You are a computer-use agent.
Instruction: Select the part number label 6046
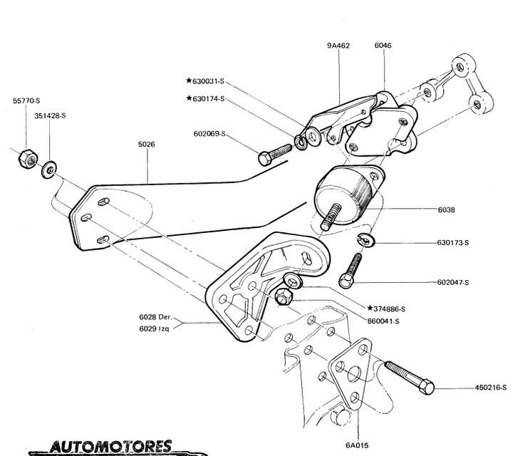(x=383, y=45)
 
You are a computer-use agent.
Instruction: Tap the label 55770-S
(x=26, y=102)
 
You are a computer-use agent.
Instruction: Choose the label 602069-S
(x=209, y=133)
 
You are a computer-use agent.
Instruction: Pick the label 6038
(x=447, y=209)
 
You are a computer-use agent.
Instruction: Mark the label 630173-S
(x=453, y=242)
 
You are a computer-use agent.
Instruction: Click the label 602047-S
(x=453, y=283)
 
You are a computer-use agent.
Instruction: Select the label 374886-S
(x=388, y=309)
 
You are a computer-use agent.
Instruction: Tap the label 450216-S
(x=491, y=388)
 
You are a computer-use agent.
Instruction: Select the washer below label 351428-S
(x=48, y=169)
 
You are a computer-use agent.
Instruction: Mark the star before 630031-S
(x=189, y=81)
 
